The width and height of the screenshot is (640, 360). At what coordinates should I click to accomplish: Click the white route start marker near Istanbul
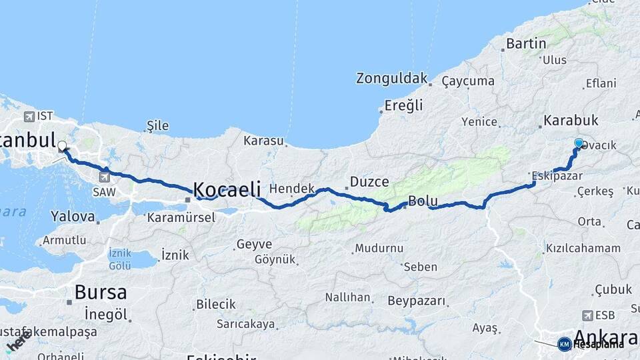[x=62, y=145]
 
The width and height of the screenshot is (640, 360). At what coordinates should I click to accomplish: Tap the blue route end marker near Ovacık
[x=579, y=143]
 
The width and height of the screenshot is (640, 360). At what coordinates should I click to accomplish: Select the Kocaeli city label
[x=227, y=189]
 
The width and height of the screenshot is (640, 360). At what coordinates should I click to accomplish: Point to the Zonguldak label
[x=391, y=79]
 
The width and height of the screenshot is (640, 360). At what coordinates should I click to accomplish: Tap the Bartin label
[x=526, y=44]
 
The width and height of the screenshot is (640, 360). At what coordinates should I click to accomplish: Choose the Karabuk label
[x=571, y=121]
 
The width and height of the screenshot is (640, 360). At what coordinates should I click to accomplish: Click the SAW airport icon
[x=105, y=177]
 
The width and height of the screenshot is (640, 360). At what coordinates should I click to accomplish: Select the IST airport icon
[x=29, y=117]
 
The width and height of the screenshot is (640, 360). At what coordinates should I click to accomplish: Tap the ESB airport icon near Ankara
[x=587, y=315]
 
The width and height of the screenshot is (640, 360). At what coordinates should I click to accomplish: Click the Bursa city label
[x=101, y=292]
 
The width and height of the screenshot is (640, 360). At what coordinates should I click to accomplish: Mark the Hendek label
[x=291, y=189]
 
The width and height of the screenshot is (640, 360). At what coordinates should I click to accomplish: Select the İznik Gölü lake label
[x=119, y=259]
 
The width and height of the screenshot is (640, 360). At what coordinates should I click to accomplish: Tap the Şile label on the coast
[x=155, y=126]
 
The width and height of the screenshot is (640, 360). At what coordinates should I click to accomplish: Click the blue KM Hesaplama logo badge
[x=565, y=344]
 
